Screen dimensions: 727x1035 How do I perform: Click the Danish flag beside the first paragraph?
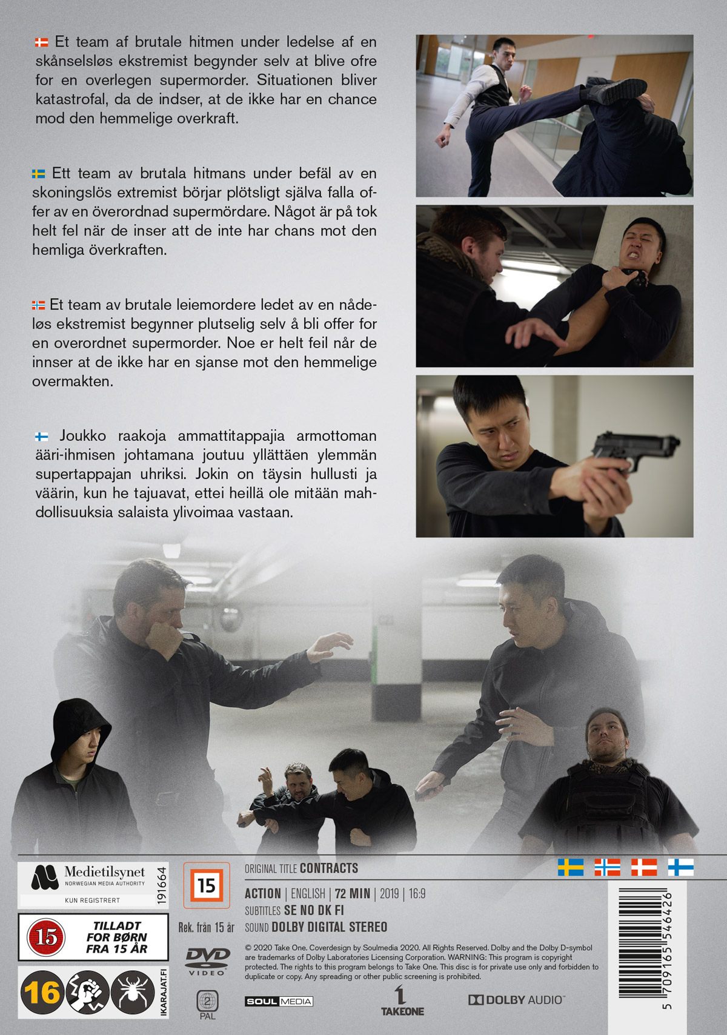point(42,42)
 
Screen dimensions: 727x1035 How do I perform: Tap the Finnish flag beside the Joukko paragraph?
point(42,436)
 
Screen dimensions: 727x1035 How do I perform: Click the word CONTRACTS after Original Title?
point(328,868)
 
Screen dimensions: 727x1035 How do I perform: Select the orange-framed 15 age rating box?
point(207,885)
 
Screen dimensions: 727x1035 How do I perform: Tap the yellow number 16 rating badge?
point(42,993)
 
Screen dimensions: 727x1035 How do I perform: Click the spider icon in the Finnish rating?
point(133,993)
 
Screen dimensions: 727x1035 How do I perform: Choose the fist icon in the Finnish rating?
point(87,993)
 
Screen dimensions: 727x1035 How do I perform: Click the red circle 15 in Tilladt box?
point(46,937)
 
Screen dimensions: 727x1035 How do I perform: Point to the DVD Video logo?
point(208,962)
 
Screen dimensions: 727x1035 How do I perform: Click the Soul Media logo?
point(279,1001)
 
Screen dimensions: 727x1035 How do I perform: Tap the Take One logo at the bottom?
point(402,1000)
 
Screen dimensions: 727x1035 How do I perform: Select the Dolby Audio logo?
point(517,1000)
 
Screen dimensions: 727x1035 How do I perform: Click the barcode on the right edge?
point(641,945)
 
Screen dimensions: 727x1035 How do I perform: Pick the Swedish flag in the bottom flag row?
point(570,867)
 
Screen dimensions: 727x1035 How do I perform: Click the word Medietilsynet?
point(104,872)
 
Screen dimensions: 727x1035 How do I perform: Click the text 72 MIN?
point(352,894)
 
